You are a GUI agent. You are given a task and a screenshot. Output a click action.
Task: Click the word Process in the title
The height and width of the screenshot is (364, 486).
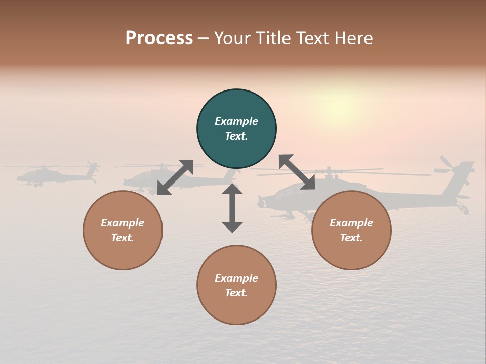[x=159, y=38]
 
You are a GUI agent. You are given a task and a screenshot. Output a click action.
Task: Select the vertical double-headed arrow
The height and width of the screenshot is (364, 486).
[x=232, y=208]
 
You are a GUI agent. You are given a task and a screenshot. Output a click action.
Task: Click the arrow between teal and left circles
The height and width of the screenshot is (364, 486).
[x=175, y=177]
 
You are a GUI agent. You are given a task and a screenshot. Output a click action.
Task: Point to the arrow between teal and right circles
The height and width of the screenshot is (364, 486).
[x=297, y=172]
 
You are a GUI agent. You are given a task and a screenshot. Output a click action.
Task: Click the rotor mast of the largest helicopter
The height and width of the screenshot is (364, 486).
[x=330, y=173]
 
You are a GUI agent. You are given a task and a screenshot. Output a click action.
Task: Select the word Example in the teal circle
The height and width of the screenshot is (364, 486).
[x=236, y=121]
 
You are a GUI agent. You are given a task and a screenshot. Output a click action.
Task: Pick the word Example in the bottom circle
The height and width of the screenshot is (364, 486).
[x=236, y=278]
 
